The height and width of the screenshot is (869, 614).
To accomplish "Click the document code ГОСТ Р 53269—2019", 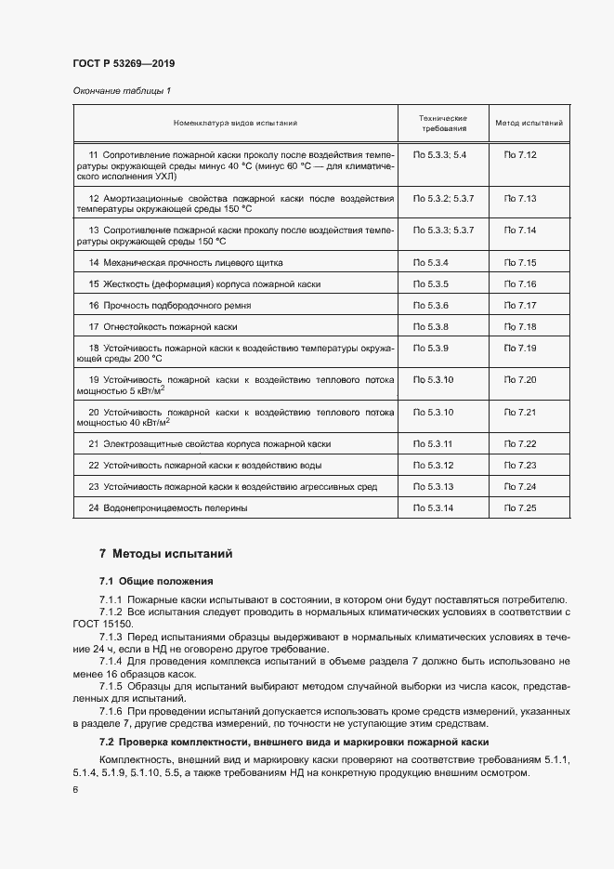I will (x=123, y=64).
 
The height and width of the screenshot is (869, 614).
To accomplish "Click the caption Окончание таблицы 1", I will (x=122, y=90).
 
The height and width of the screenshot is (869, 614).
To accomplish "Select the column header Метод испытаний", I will (x=528, y=123).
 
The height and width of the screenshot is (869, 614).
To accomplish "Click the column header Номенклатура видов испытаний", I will (x=235, y=123).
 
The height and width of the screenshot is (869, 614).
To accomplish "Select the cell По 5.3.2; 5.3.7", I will (x=443, y=198).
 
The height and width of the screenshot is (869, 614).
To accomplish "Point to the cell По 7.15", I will (x=520, y=263).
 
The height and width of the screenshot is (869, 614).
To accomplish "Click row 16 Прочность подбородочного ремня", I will (x=169, y=305).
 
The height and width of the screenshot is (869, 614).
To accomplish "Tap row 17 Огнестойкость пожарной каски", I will (x=163, y=327).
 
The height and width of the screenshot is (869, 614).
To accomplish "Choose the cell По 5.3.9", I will (x=430, y=348).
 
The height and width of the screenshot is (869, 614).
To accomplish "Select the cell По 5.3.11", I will (x=432, y=443).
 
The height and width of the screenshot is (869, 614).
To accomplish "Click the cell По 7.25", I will (x=520, y=507).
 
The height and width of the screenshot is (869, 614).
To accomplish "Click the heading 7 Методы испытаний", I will (x=165, y=554).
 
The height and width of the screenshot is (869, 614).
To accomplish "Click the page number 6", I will (x=74, y=790).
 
